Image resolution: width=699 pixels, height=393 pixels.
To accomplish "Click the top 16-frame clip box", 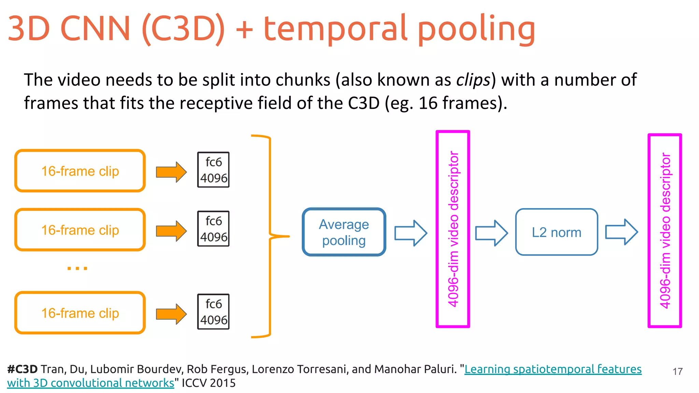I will (80, 171).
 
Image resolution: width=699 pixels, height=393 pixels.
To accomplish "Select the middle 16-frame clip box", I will (80, 230).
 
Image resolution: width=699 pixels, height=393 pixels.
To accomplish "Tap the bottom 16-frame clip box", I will (80, 312).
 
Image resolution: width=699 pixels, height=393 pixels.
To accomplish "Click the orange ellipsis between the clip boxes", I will (77, 268).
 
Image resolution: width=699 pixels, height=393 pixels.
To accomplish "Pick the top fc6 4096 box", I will (213, 170).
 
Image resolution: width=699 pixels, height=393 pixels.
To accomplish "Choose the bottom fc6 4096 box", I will (213, 311).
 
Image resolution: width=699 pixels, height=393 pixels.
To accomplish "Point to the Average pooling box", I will (344, 232).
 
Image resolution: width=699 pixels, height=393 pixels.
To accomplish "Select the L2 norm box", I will (556, 232).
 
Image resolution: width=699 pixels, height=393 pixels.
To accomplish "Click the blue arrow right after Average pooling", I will (411, 233).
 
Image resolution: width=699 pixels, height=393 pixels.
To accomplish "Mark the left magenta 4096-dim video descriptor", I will (453, 229).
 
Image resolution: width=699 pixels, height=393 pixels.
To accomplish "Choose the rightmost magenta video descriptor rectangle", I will (665, 231).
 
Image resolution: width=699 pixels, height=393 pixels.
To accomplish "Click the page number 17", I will (677, 372).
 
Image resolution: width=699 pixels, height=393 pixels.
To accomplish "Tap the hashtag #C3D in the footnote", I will (22, 369).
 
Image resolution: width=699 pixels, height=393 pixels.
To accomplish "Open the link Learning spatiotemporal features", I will (553, 369).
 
